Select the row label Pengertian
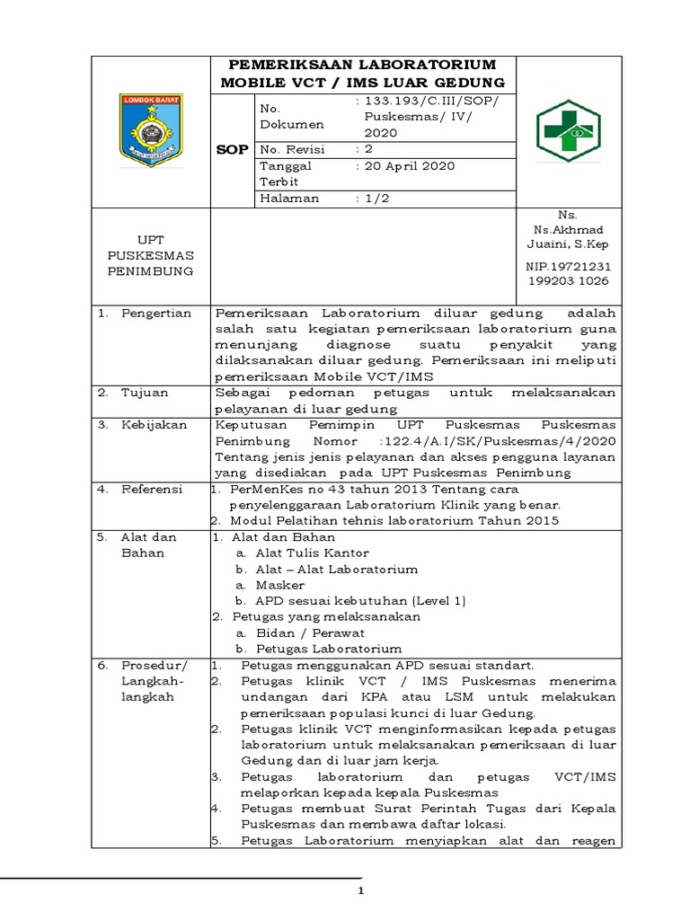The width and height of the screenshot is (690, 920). coord(157,313)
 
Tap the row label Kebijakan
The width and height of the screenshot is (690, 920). coord(155,425)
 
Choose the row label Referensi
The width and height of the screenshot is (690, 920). coord(153,490)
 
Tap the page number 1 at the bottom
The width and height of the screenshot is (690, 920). coord(360,890)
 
